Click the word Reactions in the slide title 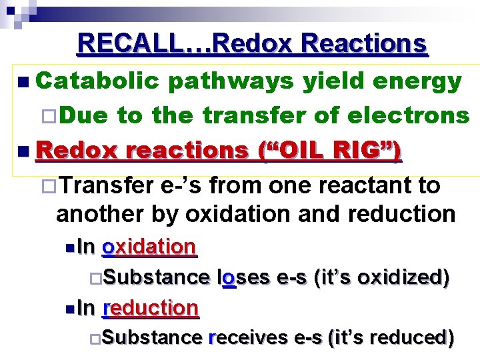[363, 43]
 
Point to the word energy [417, 81]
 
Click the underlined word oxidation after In [148, 247]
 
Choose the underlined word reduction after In [150, 308]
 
